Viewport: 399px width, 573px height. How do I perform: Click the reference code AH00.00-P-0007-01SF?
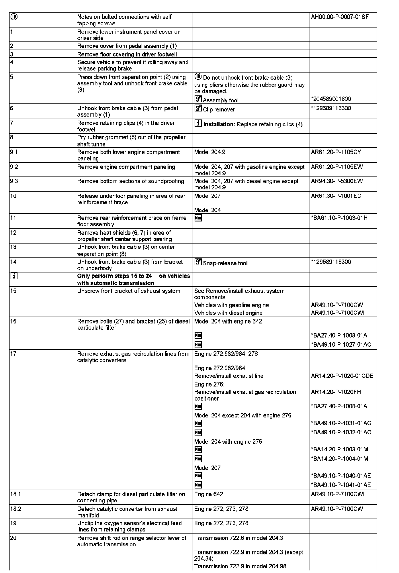click(x=340, y=17)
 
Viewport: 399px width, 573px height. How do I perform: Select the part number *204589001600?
click(x=331, y=99)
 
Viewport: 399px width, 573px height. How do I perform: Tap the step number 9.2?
click(x=14, y=167)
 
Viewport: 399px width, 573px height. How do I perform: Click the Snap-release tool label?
click(x=225, y=263)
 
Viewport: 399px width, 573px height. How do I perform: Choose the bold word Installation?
click(x=219, y=124)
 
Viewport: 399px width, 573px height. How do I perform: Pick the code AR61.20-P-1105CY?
click(x=336, y=152)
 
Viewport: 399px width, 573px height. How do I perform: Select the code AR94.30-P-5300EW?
click(x=337, y=181)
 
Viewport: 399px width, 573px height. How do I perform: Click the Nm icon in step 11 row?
click(x=198, y=218)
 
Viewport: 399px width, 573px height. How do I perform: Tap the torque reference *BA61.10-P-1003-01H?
click(x=339, y=218)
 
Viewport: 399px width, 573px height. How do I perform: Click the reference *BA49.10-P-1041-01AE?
click(x=341, y=485)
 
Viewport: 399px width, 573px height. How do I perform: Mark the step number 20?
click(x=13, y=538)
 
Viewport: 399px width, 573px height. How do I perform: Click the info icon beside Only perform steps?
click(x=14, y=276)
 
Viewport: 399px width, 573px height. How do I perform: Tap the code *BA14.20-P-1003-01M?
click(x=339, y=449)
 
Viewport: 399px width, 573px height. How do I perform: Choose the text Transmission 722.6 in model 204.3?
click(x=238, y=538)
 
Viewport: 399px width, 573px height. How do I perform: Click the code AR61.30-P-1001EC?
click(x=336, y=196)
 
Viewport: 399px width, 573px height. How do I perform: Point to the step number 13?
click(x=13, y=247)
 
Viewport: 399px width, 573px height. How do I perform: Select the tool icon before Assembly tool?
click(x=198, y=99)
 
